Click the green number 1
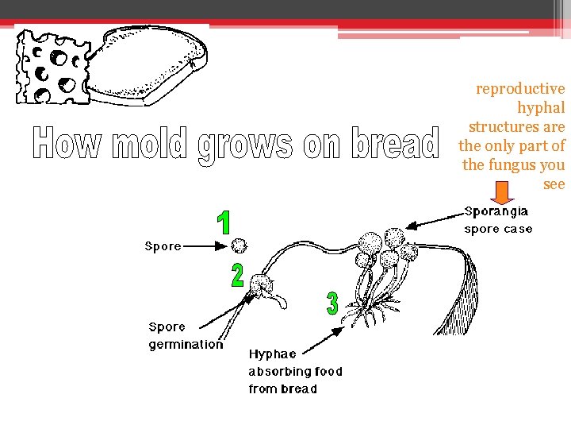(x=225, y=223)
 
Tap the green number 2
(x=237, y=276)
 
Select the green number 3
(x=332, y=303)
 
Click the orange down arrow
(x=501, y=193)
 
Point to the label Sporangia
(x=496, y=212)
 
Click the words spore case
(x=497, y=230)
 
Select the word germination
(x=186, y=345)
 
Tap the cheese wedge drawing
(x=52, y=67)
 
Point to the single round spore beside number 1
(x=239, y=246)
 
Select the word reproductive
(x=520, y=89)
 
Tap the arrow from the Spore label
(x=207, y=246)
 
